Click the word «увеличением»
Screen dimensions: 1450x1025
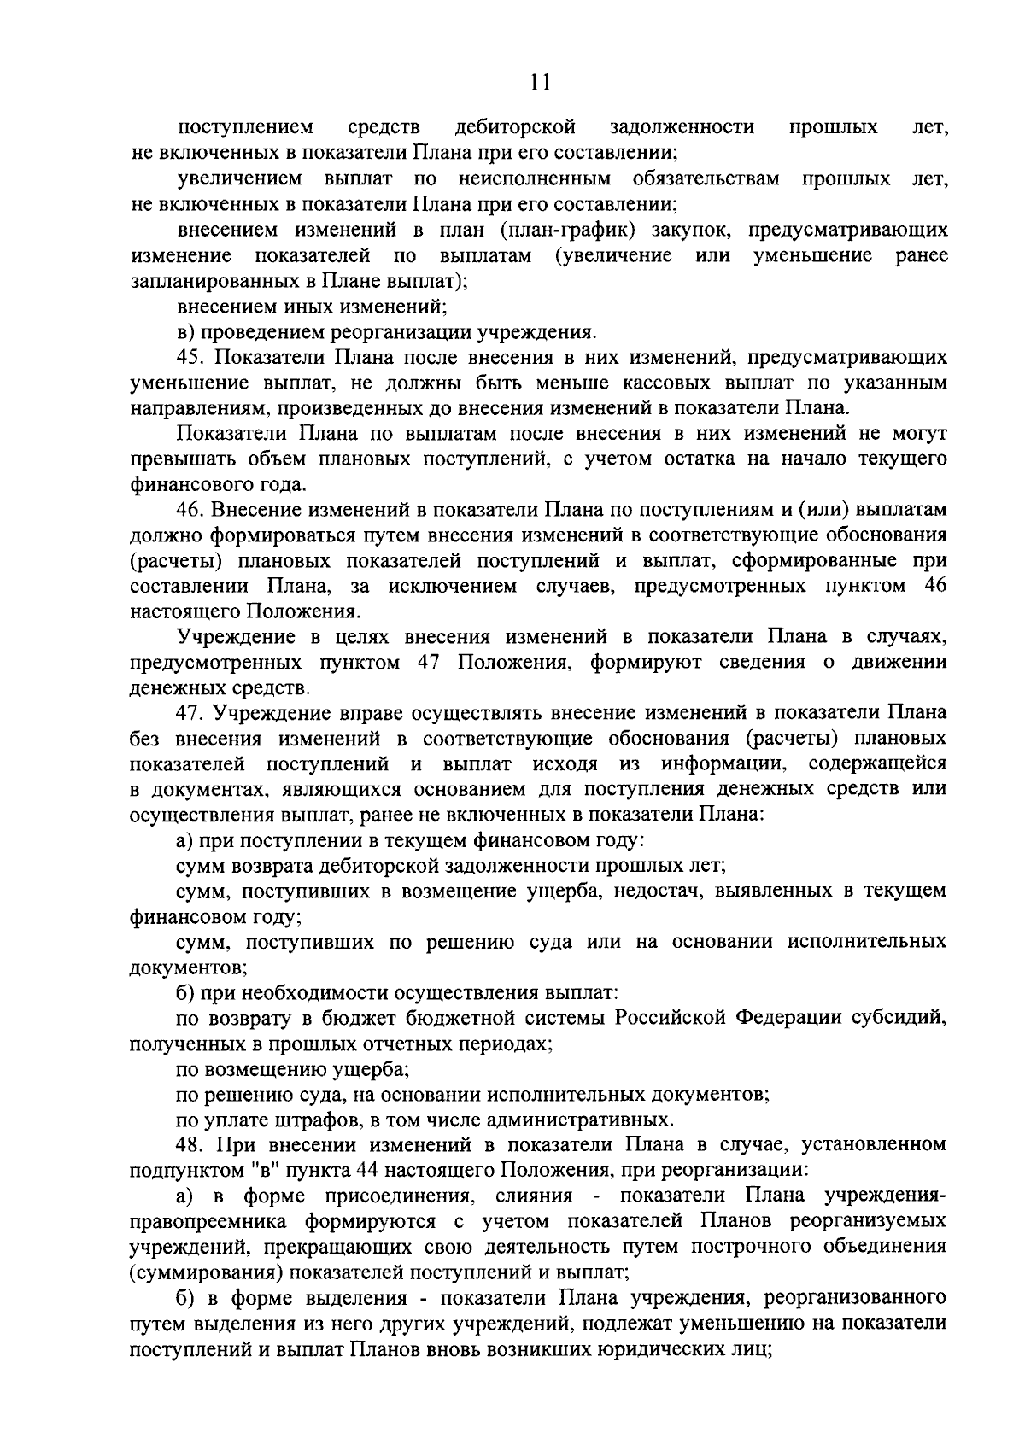click(x=240, y=179)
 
